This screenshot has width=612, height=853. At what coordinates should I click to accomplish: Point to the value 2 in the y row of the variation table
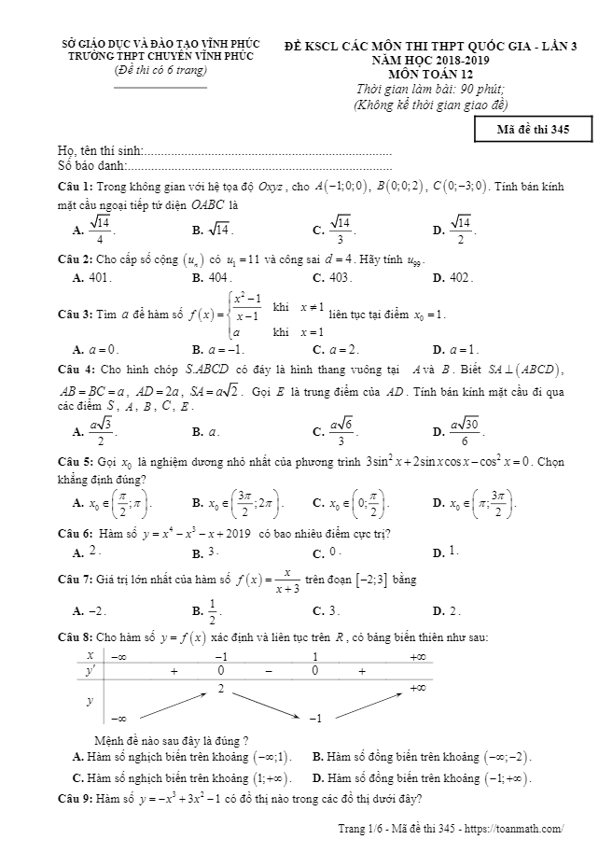(x=221, y=688)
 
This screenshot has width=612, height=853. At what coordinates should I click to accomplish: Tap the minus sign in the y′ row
(x=268, y=671)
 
